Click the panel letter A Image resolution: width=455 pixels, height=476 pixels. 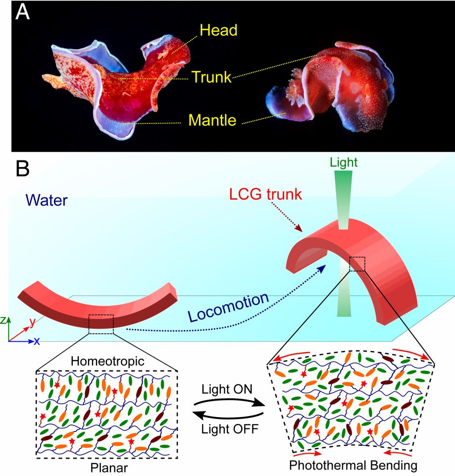tap(23, 12)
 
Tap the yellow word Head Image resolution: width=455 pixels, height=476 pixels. tap(218, 31)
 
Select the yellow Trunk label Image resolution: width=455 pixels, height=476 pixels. tap(211, 77)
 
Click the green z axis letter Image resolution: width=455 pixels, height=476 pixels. tap(4, 320)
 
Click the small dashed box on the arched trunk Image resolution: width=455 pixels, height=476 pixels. tap(357, 264)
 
